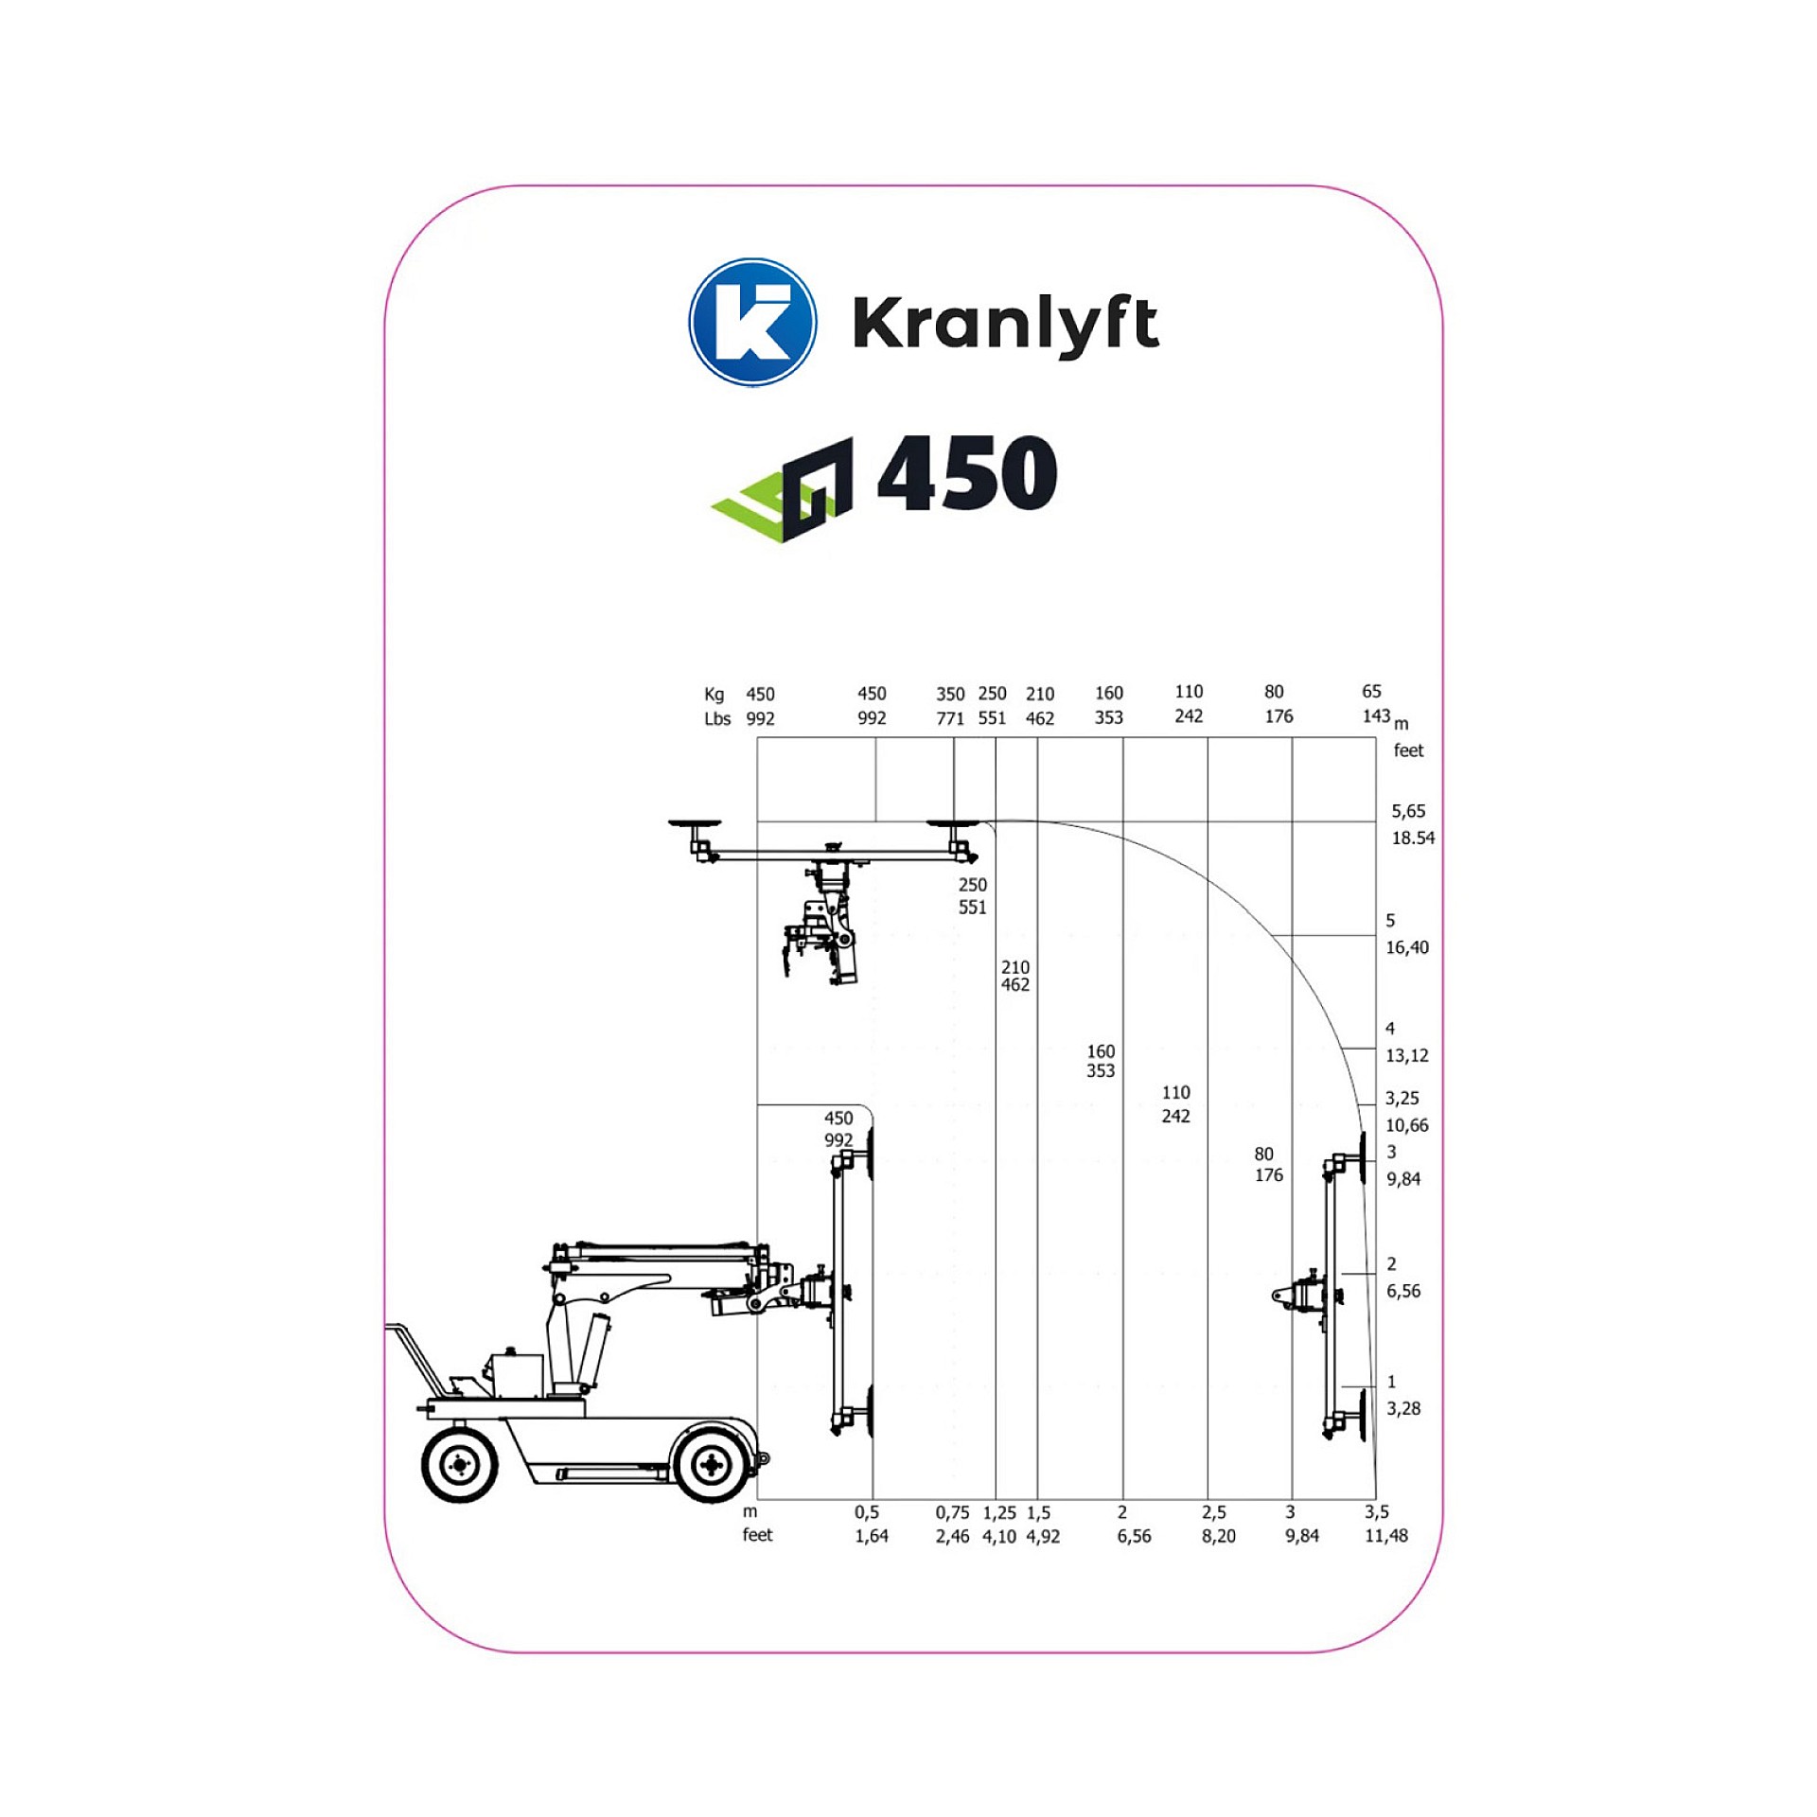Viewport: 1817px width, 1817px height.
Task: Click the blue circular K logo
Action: tap(752, 322)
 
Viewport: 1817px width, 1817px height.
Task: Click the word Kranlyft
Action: tap(1005, 325)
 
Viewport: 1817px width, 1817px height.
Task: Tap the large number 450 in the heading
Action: tap(967, 473)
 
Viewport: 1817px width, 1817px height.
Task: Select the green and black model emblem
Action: tap(783, 489)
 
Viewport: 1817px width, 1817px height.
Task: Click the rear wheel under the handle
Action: tap(460, 1465)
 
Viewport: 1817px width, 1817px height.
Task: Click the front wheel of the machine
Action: tap(711, 1465)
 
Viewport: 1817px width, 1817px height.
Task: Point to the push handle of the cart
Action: tap(415, 1354)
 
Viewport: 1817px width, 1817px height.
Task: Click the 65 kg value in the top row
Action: tap(1371, 692)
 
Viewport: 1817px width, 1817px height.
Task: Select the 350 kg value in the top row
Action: tap(950, 694)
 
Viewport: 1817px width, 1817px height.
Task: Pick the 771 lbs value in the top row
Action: tap(950, 718)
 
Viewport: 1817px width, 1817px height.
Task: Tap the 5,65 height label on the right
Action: tap(1408, 811)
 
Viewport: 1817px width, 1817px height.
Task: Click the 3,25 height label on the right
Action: tap(1402, 1098)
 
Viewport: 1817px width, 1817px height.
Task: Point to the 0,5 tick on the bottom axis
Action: tap(867, 1512)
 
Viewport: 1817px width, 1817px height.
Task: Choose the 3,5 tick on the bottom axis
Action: tap(1377, 1512)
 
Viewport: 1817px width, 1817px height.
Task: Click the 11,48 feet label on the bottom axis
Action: tap(1385, 1536)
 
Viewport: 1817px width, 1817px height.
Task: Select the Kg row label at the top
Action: tap(714, 695)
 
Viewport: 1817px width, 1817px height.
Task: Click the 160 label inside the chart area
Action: tap(1101, 1051)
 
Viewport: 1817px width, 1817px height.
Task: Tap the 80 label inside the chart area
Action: tap(1263, 1154)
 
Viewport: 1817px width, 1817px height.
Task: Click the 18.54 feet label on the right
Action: tap(1413, 838)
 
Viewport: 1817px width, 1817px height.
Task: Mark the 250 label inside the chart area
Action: tap(972, 885)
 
